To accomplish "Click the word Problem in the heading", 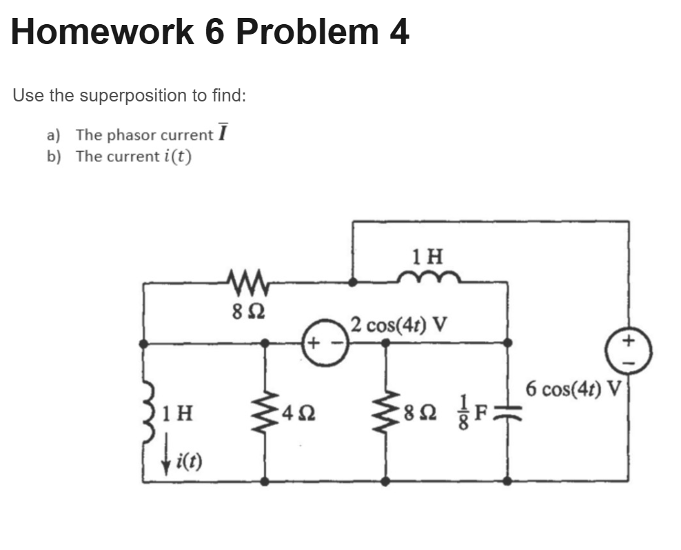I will click(307, 32).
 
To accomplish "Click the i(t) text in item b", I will click(176, 156).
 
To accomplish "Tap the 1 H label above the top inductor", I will click(427, 257).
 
